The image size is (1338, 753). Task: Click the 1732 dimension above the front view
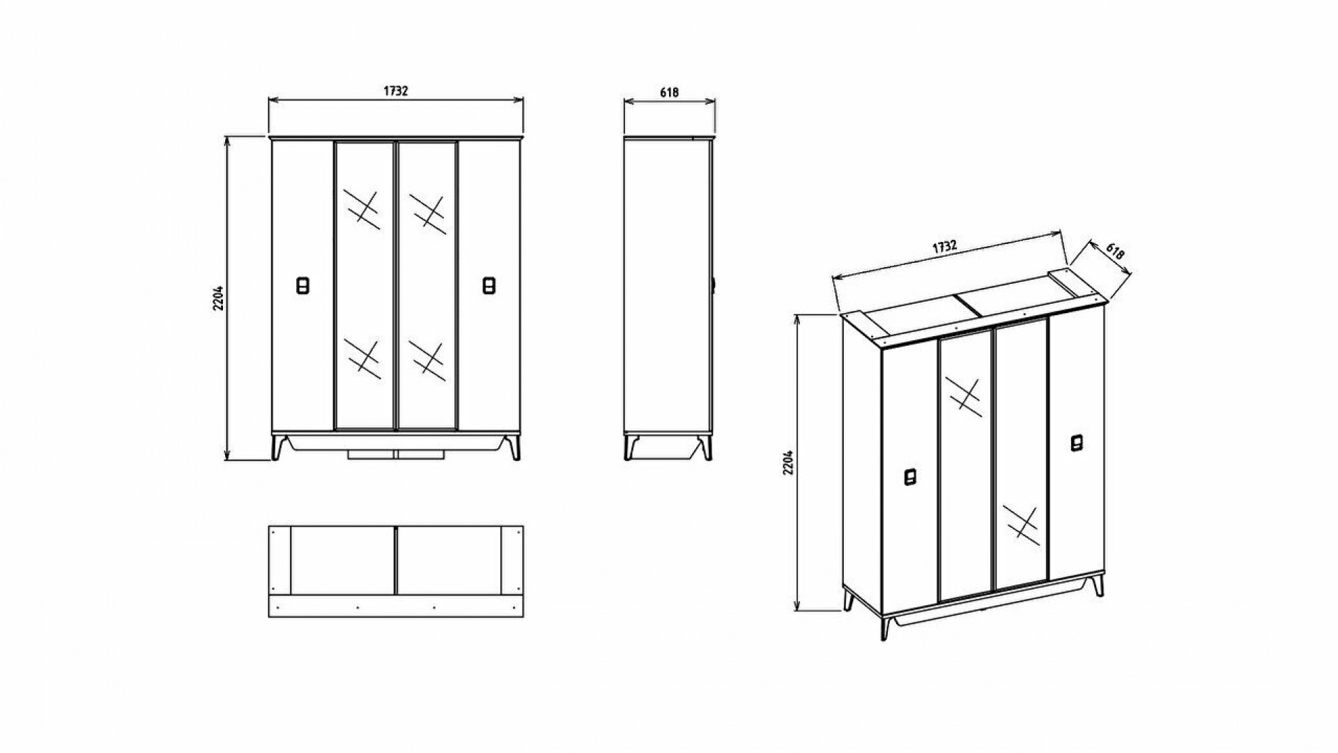click(395, 91)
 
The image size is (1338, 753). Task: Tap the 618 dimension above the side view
click(668, 91)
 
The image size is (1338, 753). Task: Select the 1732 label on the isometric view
click(944, 247)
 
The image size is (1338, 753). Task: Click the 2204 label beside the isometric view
click(788, 462)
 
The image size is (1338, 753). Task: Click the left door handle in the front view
click(303, 286)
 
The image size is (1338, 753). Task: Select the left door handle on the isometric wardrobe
click(910, 477)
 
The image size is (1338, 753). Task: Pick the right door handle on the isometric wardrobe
click(1077, 443)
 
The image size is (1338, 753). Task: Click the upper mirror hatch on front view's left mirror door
click(362, 209)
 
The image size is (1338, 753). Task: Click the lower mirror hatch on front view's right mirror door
click(427, 360)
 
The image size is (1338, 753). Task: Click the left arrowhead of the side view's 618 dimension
click(628, 101)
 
